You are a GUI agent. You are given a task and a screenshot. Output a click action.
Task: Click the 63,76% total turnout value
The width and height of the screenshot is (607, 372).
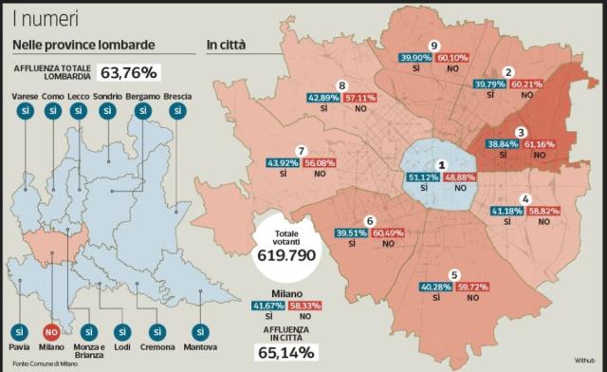(x=129, y=72)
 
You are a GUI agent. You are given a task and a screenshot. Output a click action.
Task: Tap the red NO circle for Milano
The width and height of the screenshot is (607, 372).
(x=53, y=333)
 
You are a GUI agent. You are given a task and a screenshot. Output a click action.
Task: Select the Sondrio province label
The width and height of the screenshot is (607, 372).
(x=107, y=97)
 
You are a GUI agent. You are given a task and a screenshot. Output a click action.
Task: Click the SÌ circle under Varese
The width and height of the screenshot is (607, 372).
(x=22, y=113)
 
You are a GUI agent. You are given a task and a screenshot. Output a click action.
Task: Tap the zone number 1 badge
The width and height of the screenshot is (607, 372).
(x=440, y=164)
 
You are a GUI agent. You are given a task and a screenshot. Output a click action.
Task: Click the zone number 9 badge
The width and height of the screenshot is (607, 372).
(x=433, y=46)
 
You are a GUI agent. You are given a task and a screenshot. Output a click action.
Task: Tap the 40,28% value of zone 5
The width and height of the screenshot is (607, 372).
(x=436, y=286)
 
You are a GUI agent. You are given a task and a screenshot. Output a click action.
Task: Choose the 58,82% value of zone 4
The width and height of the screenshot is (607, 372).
(x=544, y=210)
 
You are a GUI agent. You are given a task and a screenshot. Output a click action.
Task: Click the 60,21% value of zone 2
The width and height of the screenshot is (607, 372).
(x=526, y=84)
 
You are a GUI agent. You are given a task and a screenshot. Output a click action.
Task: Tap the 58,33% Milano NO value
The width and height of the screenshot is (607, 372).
(x=304, y=305)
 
